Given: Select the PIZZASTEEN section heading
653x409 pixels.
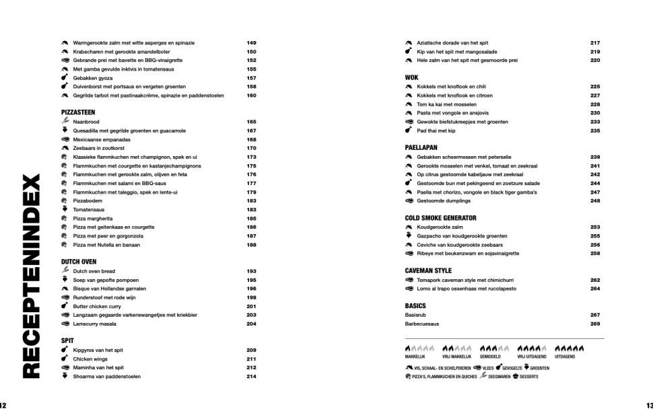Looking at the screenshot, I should click(x=78, y=112).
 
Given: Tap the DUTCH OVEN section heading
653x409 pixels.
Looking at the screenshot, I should click(x=79, y=262).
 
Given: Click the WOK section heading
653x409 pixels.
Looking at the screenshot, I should click(x=411, y=77).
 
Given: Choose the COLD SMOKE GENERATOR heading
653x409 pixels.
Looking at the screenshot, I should click(x=440, y=218).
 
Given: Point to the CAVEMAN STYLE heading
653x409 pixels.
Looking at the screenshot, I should click(x=428, y=270).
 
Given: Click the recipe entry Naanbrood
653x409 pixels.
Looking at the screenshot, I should click(x=86, y=122).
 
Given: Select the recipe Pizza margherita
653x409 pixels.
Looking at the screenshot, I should click(x=93, y=219).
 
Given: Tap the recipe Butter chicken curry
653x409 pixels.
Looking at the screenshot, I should click(x=97, y=306).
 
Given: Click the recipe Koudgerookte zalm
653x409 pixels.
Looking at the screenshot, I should click(x=440, y=227).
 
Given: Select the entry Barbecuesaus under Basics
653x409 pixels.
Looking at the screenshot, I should click(x=422, y=324).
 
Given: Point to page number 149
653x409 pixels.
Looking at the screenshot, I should click(x=251, y=43).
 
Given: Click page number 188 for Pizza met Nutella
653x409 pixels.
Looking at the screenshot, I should click(x=251, y=245).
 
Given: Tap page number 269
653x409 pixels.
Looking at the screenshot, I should click(x=595, y=324).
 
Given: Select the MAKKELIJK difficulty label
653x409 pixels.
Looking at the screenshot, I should click(x=415, y=357).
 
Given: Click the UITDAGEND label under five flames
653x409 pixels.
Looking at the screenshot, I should click(x=564, y=357).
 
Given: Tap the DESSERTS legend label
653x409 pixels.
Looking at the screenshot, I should click(x=528, y=377).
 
